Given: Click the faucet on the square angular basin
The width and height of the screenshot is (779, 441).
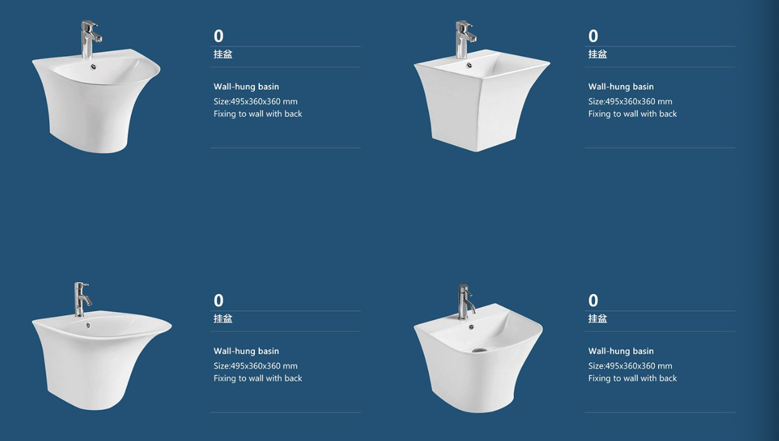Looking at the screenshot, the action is pyautogui.click(x=465, y=39).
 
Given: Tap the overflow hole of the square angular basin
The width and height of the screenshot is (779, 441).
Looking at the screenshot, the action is pyautogui.click(x=469, y=65).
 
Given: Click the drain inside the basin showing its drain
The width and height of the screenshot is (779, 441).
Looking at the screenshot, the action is pyautogui.click(x=480, y=350).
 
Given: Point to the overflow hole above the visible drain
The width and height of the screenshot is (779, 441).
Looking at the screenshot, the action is pyautogui.click(x=471, y=326).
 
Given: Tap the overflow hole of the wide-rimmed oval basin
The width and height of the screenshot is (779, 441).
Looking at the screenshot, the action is pyautogui.click(x=88, y=325).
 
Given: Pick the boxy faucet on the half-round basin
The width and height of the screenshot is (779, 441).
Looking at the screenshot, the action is pyautogui.click(x=91, y=39).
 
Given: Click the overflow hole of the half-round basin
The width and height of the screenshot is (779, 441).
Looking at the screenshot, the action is pyautogui.click(x=93, y=67).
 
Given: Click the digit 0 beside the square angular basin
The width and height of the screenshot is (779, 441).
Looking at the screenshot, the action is pyautogui.click(x=593, y=36).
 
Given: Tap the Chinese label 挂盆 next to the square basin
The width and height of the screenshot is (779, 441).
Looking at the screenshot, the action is pyautogui.click(x=598, y=54).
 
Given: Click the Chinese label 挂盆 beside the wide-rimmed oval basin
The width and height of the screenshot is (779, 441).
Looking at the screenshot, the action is pyautogui.click(x=223, y=319).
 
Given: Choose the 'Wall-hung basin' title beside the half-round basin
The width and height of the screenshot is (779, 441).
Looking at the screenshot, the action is pyautogui.click(x=246, y=87).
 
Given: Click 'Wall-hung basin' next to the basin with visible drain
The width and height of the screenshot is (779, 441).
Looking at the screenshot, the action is pyautogui.click(x=621, y=351).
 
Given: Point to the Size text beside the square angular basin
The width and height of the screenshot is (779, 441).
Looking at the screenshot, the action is pyautogui.click(x=630, y=102).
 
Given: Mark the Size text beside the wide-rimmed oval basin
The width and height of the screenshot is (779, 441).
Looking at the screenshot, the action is pyautogui.click(x=256, y=366).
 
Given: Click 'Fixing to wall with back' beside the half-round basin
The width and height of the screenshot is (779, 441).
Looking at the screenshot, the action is pyautogui.click(x=258, y=113).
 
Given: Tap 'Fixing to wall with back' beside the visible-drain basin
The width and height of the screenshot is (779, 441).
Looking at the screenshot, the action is pyautogui.click(x=633, y=378).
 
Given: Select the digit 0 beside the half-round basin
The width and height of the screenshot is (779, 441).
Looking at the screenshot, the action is pyautogui.click(x=218, y=36).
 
